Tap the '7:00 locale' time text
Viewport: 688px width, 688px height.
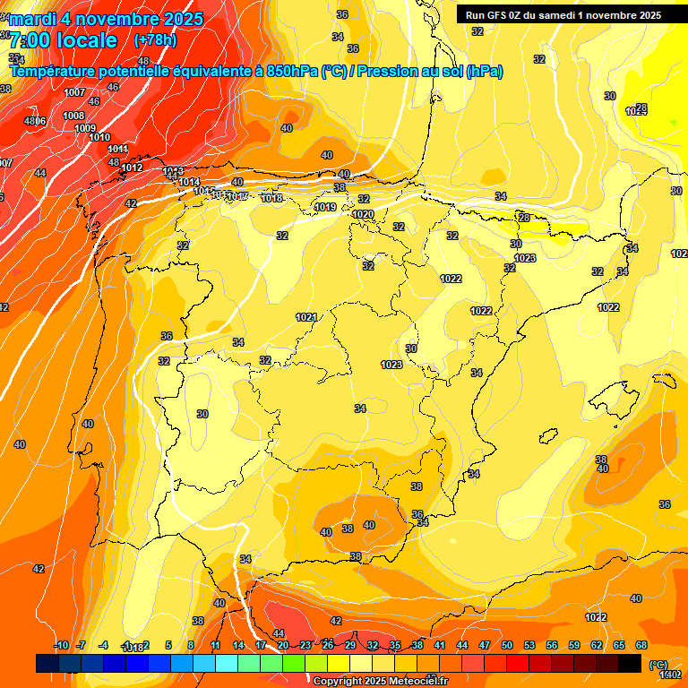coord(64,40)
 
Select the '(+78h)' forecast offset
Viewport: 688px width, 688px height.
coord(155,40)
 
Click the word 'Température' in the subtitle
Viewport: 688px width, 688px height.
coord(59,71)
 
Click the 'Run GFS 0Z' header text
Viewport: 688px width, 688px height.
coord(502,14)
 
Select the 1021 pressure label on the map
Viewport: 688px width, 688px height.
coord(306,317)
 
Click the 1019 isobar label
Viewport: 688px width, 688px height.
coord(326,208)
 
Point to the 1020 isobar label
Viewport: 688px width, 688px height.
coord(363,215)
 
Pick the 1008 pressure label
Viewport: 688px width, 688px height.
coord(73,116)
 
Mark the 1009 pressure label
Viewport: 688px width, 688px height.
coord(85,128)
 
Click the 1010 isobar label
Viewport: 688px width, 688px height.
coord(99,138)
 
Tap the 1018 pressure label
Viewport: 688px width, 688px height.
coord(272,199)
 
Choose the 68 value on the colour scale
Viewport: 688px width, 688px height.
coord(641,645)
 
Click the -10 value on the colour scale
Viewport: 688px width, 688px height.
coord(62,645)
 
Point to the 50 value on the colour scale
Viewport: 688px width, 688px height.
coord(507,645)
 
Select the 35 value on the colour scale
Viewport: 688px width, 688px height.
coord(395,645)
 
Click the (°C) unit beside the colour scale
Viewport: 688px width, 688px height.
coord(658,665)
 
